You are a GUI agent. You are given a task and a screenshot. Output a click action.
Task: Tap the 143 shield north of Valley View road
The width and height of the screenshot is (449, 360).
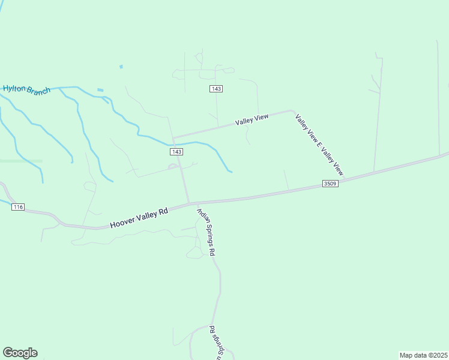pos(217,89)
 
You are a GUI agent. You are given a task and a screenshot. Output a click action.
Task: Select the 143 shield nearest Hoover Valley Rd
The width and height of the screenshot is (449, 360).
pos(176,152)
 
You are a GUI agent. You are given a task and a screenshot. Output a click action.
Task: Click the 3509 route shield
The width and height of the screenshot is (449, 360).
pos(330,183)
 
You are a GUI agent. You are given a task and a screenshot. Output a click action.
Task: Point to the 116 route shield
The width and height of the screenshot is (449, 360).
pos(17,207)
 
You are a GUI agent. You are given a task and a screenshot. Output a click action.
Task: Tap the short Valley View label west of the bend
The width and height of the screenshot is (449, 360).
pos(252,120)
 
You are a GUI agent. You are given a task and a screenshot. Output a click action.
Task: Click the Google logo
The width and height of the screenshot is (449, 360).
pos(20,353)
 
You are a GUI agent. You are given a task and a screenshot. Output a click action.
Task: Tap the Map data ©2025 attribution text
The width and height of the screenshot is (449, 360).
pos(423,355)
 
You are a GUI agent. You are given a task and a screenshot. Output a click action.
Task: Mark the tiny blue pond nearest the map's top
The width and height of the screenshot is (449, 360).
pos(121,66)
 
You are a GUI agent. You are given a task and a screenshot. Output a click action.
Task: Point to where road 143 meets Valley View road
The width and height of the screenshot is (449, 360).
pos(173,137)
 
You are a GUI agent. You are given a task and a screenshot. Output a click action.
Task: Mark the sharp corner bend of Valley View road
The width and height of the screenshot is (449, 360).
pos(292,110)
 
